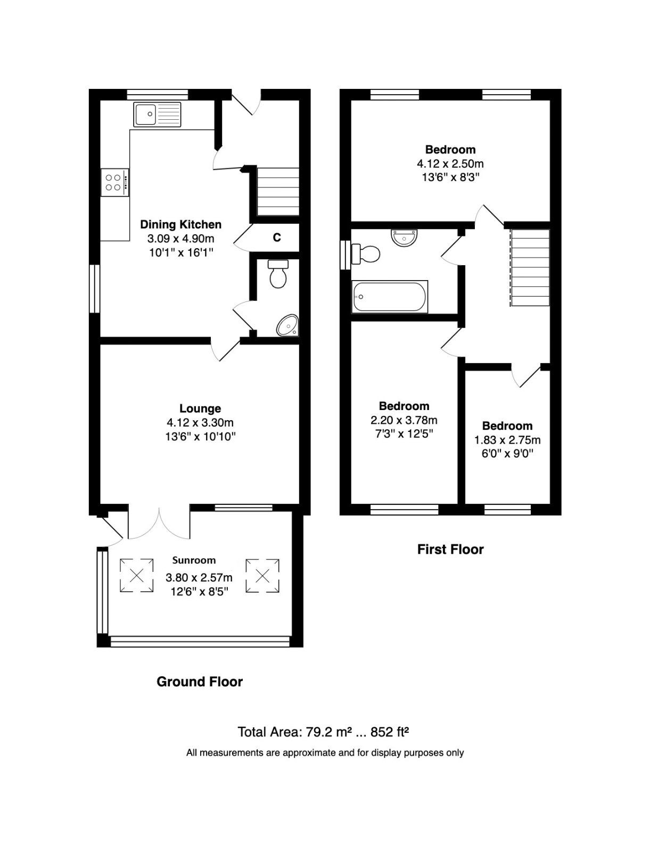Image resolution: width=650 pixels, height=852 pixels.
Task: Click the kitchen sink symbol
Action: (x=157, y=114)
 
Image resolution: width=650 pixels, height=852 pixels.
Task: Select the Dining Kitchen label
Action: (x=180, y=225)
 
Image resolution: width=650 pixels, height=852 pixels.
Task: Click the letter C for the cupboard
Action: (x=277, y=238)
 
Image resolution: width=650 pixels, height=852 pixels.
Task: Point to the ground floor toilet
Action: (x=277, y=274)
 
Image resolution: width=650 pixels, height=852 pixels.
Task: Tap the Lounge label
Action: (x=200, y=408)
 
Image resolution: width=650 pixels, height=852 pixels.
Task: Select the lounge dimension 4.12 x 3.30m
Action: (x=200, y=423)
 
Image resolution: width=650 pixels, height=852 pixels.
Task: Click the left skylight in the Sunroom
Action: (x=136, y=575)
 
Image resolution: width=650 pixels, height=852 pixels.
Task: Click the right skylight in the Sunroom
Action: (x=262, y=575)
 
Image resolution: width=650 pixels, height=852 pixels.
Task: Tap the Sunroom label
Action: (x=194, y=560)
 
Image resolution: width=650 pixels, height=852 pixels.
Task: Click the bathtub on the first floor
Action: (x=390, y=297)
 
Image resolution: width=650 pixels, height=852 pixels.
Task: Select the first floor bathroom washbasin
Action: (x=405, y=237)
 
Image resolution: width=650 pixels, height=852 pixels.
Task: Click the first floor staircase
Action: (x=530, y=267)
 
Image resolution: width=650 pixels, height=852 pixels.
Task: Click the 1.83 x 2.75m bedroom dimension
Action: (x=507, y=440)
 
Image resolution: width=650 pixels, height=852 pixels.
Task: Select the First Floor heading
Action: (x=450, y=550)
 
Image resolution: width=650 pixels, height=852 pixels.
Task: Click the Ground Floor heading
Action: (x=200, y=682)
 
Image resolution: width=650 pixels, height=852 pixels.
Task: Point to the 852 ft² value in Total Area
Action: (x=389, y=732)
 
